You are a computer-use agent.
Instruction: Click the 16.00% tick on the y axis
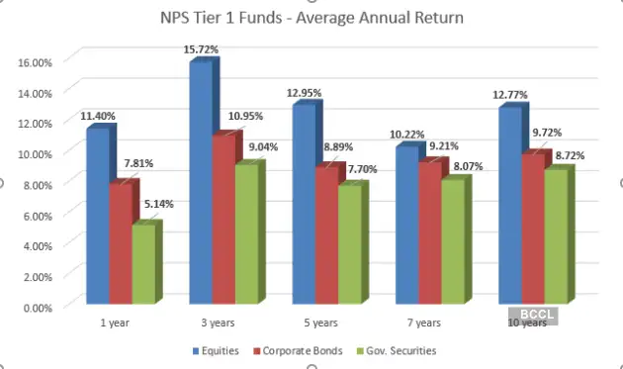tap(37, 61)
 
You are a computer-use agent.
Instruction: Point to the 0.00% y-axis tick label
tap(39, 307)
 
